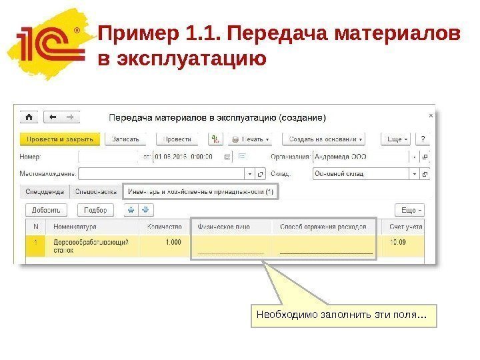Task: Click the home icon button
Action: point(29,117)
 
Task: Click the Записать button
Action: point(125,139)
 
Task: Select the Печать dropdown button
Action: point(250,139)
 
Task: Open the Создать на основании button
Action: point(324,139)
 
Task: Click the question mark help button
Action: point(423,139)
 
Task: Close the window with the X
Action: point(430,115)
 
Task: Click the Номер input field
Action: point(107,157)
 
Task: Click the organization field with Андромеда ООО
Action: point(361,157)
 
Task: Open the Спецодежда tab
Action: point(45,191)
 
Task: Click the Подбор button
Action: point(95,209)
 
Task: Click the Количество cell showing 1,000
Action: point(163,242)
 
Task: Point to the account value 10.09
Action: point(398,242)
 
